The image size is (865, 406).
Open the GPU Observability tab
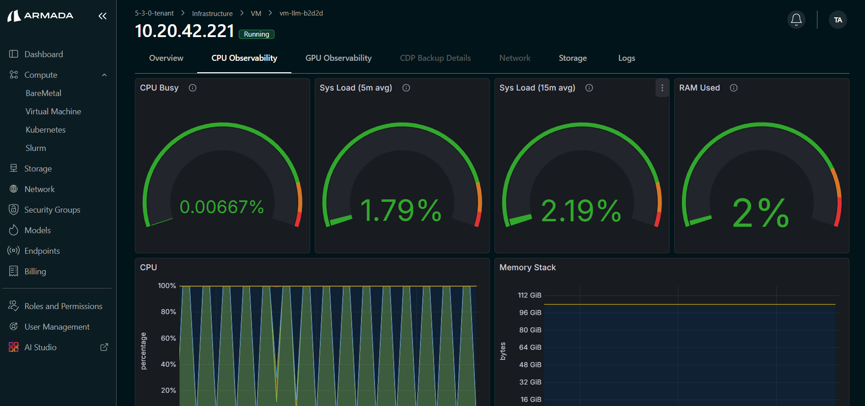tap(338, 58)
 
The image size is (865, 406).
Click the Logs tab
tap(626, 58)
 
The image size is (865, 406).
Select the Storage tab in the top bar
tap(572, 58)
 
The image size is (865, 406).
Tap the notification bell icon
tap(796, 20)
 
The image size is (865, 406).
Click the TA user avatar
tap(838, 20)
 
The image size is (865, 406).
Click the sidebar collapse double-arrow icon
tap(102, 16)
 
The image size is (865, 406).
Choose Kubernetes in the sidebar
tap(45, 130)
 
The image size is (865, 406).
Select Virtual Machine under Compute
tap(53, 112)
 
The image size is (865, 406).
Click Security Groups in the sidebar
tap(52, 210)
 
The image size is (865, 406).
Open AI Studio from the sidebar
tap(40, 347)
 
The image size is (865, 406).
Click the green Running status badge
tap(256, 34)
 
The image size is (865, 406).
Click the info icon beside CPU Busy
tap(193, 88)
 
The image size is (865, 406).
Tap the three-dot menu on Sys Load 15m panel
tap(662, 88)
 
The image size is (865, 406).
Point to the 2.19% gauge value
tap(581, 211)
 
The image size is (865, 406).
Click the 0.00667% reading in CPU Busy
tap(221, 207)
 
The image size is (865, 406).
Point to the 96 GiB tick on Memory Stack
tap(530, 313)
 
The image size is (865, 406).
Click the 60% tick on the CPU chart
tap(168, 338)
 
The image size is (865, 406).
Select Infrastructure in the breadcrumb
tap(212, 14)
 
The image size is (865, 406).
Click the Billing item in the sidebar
tap(35, 272)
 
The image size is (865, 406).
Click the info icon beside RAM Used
tap(734, 88)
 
